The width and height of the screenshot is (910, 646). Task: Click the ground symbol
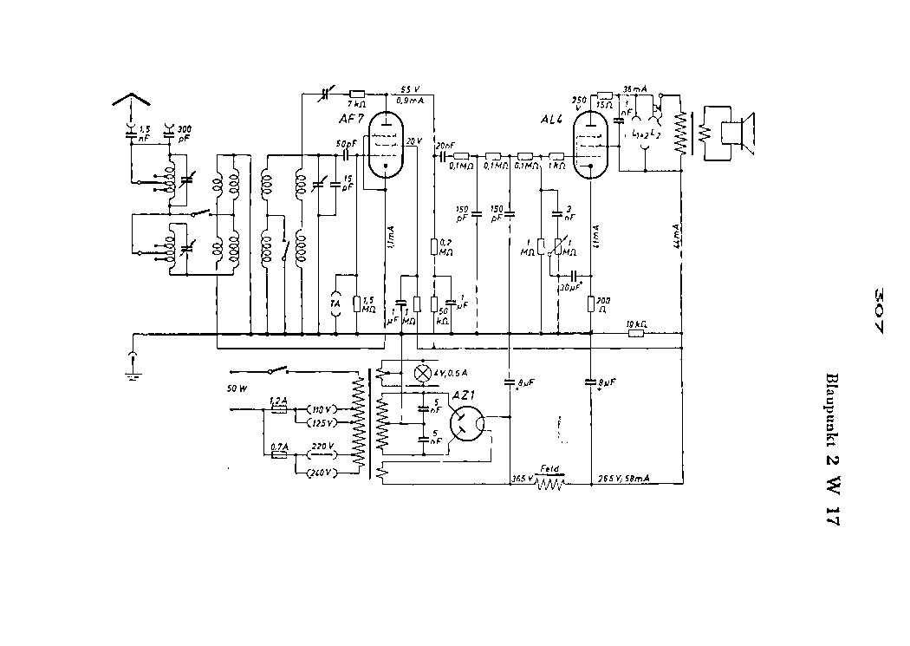point(131,369)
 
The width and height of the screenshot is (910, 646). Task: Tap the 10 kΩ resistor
point(635,331)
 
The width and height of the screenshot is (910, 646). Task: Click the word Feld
point(549,467)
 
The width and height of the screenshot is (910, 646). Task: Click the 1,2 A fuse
point(278,408)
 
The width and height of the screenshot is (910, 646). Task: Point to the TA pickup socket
point(337,304)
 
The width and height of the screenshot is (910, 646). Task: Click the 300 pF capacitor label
point(184,134)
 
